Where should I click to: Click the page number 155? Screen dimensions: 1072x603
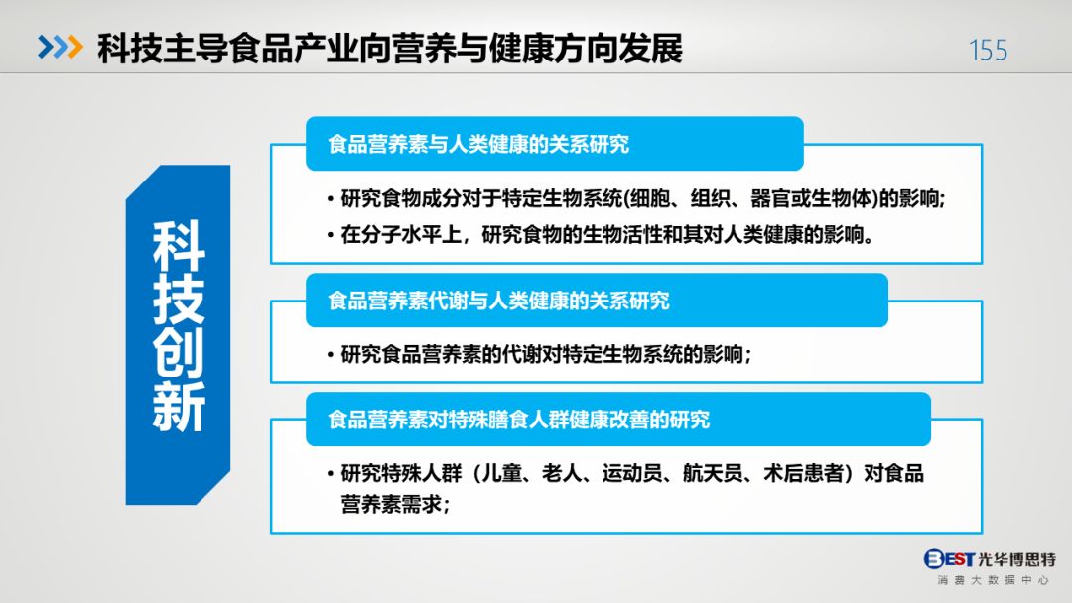coord(988,50)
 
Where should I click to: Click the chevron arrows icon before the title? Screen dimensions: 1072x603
coord(61,47)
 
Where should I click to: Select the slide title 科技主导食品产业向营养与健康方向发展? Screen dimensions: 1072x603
coord(390,49)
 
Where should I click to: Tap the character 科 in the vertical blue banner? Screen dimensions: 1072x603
coord(179,246)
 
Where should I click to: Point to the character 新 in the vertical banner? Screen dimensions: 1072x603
coord(179,407)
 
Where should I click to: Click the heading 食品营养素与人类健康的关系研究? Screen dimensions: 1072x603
coord(478,144)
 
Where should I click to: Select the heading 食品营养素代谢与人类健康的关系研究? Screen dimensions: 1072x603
coord(498,301)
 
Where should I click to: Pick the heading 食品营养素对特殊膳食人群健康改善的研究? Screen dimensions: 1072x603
coord(519,420)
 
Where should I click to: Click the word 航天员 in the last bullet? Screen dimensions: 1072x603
coord(713,473)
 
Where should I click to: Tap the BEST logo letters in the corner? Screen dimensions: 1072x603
coord(949,559)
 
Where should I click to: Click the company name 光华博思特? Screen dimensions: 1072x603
coord(1016,560)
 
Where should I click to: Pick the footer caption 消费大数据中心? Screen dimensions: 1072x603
coord(993,580)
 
